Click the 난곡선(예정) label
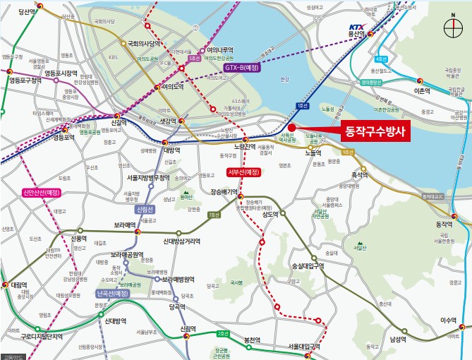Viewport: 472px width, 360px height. tap(113, 293)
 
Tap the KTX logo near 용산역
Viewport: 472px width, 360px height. tap(358, 26)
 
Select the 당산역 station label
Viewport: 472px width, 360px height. tap(25, 11)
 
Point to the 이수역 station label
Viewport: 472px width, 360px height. tap(449, 320)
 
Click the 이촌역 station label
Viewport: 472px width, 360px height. tap(422, 91)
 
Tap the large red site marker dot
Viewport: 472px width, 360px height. tap(291, 127)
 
